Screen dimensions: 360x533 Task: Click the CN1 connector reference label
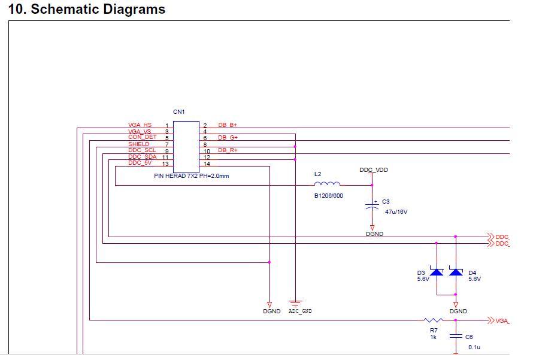pyautogui.click(x=179, y=112)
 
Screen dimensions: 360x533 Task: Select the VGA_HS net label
pyautogui.click(x=140, y=125)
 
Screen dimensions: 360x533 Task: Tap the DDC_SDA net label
pyautogui.click(x=142, y=157)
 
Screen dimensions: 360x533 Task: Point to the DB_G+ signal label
pyautogui.click(x=228, y=138)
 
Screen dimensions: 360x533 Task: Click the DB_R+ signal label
pyautogui.click(x=228, y=150)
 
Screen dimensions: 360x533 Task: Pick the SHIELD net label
pyautogui.click(x=139, y=144)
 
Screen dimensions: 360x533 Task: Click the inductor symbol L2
pyautogui.click(x=327, y=183)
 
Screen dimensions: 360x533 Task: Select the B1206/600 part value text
pyautogui.click(x=329, y=196)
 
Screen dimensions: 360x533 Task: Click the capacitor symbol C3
pyautogui.click(x=372, y=206)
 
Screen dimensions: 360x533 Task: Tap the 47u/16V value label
pyautogui.click(x=396, y=212)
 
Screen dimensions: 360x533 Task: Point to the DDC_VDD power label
pyautogui.click(x=374, y=170)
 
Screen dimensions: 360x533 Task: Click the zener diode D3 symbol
pyautogui.click(x=437, y=273)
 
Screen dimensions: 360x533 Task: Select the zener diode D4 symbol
pyautogui.click(x=456, y=273)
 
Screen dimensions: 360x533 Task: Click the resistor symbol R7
pyautogui.click(x=433, y=320)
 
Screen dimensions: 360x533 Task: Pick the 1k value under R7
pyautogui.click(x=433, y=337)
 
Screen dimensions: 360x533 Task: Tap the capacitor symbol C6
pyautogui.click(x=456, y=337)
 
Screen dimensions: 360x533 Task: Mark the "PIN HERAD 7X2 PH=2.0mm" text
pyautogui.click(x=192, y=176)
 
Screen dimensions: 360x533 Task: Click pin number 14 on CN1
pyautogui.click(x=207, y=164)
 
